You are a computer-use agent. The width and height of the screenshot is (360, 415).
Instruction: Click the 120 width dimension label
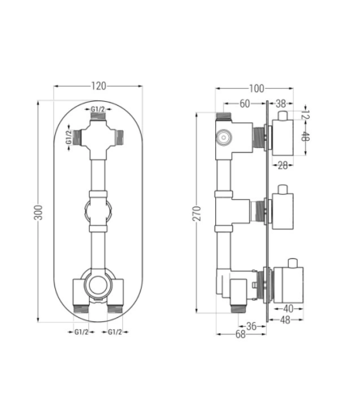point(99,87)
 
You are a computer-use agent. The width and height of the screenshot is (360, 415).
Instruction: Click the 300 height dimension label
point(39,213)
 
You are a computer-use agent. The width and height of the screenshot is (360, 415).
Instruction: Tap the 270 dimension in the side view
point(197,214)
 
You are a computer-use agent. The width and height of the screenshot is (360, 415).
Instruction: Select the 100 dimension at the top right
point(256,88)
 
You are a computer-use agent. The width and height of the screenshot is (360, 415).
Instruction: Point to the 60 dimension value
point(245,104)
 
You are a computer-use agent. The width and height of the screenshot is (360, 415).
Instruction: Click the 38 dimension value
point(281,104)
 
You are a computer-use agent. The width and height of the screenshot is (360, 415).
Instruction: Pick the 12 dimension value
point(305,113)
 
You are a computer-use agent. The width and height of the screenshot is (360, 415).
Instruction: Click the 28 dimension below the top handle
point(282,165)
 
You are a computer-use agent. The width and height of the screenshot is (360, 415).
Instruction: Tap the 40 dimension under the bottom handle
point(288,308)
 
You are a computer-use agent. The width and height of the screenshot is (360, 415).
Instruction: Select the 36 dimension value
point(252,326)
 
